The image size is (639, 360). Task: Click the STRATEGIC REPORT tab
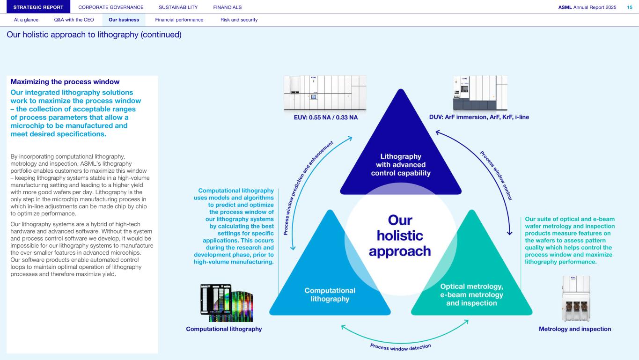coord(38,7)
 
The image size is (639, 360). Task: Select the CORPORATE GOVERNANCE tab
coord(111,7)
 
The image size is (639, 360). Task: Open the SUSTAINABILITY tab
coord(178,7)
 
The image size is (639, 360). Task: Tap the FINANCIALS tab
coord(228,7)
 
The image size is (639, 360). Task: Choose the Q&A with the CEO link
coord(74,20)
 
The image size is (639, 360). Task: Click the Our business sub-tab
coord(124,20)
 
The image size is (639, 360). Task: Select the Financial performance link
coord(179,20)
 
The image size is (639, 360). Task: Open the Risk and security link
coord(239,20)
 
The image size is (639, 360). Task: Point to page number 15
coord(630,7)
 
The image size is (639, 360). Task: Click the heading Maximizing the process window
coord(65,82)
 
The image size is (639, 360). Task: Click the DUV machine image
coord(479,93)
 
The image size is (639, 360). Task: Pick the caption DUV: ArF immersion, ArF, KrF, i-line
coord(479,117)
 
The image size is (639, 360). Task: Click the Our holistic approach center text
coord(400,235)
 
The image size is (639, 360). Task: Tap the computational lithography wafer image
coord(227,302)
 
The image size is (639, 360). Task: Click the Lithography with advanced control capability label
coord(400,164)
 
